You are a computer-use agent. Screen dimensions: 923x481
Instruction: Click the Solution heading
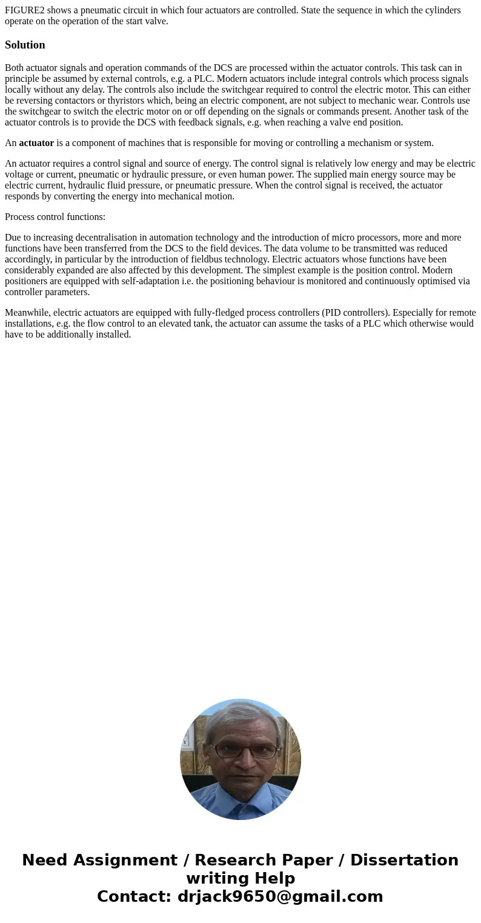pyautogui.click(x=25, y=45)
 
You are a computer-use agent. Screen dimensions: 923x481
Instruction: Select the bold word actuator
pyautogui.click(x=36, y=143)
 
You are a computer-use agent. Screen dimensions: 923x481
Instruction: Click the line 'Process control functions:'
pyautogui.click(x=55, y=217)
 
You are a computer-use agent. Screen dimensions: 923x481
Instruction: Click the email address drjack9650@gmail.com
pyautogui.click(x=280, y=896)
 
